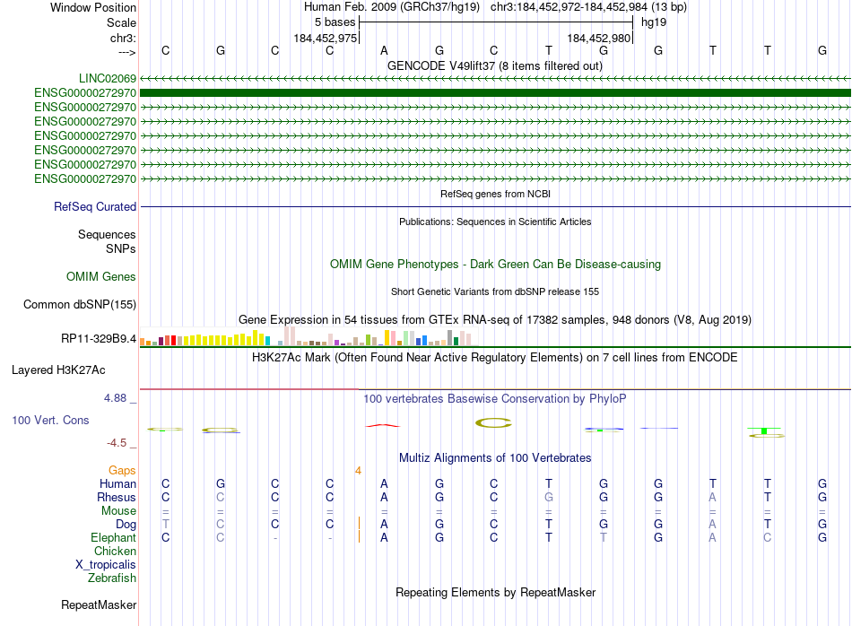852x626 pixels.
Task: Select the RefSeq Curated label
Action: tap(95, 207)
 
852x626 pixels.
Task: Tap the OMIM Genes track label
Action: tap(101, 277)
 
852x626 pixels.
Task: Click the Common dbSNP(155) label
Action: tap(80, 305)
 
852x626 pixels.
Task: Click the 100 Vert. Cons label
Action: tap(51, 420)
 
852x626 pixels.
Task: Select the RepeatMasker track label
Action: tap(99, 605)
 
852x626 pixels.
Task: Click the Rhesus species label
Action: tap(117, 498)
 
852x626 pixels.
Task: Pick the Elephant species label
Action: tap(114, 537)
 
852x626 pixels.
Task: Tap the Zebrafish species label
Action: tap(112, 578)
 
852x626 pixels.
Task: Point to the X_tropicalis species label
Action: tap(106, 565)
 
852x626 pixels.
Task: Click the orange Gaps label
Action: tap(122, 470)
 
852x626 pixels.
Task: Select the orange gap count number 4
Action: tap(358, 470)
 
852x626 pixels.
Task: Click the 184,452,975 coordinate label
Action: tap(326, 38)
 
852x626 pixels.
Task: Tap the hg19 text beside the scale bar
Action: tap(653, 22)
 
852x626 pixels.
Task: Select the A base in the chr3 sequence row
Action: tap(384, 50)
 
